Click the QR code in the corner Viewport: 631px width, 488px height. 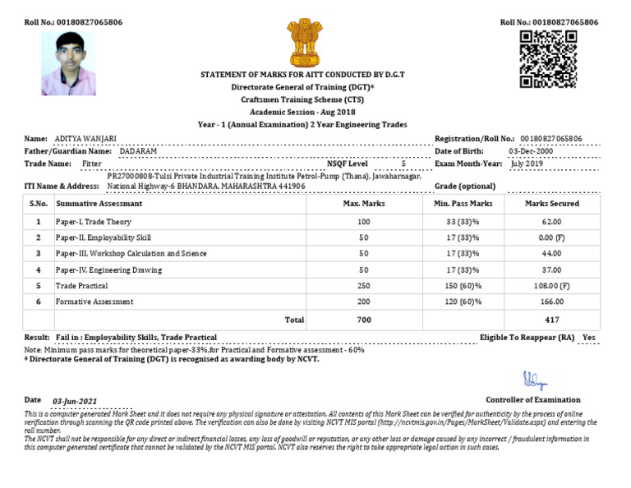coord(549,59)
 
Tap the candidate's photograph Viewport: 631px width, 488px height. coord(68,63)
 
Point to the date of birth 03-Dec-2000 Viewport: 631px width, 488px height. coord(531,151)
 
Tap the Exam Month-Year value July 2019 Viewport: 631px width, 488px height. coord(527,163)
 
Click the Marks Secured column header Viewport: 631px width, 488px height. coord(552,203)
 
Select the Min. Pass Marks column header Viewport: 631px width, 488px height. coord(462,203)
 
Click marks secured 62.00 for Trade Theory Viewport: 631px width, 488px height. coord(552,222)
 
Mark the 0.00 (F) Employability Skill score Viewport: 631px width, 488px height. coord(552,237)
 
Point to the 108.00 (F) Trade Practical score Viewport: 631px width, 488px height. coord(552,285)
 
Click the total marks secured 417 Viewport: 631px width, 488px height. coord(552,320)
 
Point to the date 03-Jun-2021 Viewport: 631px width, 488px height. coord(75,401)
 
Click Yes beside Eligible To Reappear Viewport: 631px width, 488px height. coord(588,338)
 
